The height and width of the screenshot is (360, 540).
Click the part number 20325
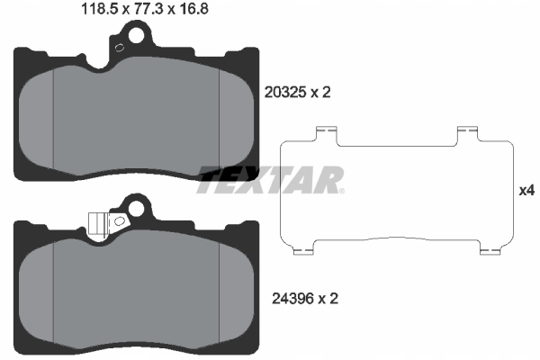click(285, 91)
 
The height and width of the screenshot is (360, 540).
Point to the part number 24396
click(285, 296)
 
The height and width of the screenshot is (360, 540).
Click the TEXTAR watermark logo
click(270, 179)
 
